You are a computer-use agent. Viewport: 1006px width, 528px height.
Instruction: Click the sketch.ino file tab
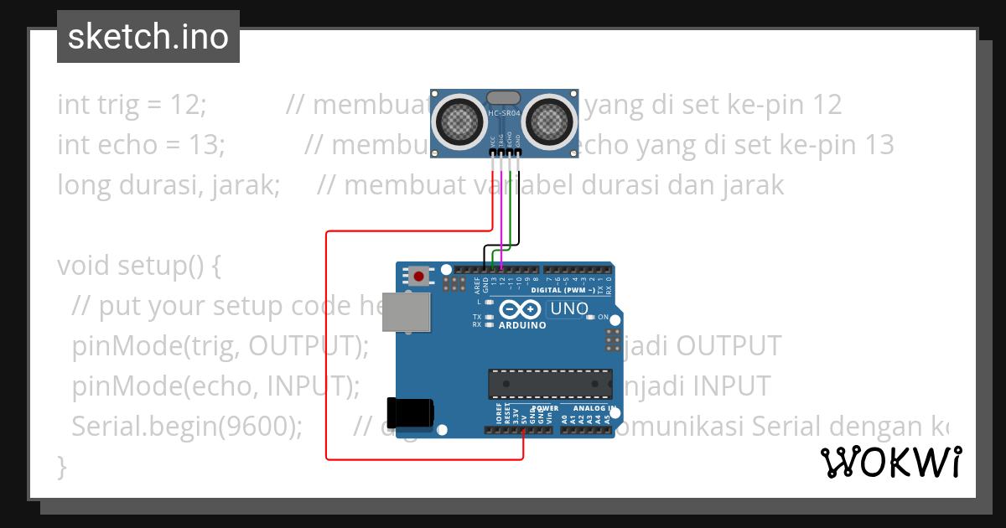click(x=148, y=37)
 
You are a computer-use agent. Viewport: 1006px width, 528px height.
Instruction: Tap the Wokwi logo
click(x=890, y=461)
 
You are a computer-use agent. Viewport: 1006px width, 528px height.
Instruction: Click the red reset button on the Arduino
click(x=418, y=275)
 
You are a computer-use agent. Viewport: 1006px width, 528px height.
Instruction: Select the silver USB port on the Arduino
click(x=407, y=312)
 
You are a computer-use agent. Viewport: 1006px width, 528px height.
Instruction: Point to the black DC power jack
click(x=411, y=412)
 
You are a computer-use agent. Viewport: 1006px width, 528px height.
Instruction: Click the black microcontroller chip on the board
click(x=550, y=382)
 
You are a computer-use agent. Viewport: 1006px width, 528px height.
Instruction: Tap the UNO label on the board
click(x=569, y=309)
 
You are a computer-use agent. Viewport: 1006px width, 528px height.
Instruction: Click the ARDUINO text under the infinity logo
click(x=522, y=325)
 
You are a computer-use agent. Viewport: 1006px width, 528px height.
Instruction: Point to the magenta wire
click(x=501, y=201)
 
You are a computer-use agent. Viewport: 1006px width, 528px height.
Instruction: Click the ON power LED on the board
click(x=590, y=317)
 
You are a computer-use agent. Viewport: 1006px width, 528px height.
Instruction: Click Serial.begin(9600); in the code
click(x=187, y=426)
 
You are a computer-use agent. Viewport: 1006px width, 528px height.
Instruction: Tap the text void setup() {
click(x=138, y=266)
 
